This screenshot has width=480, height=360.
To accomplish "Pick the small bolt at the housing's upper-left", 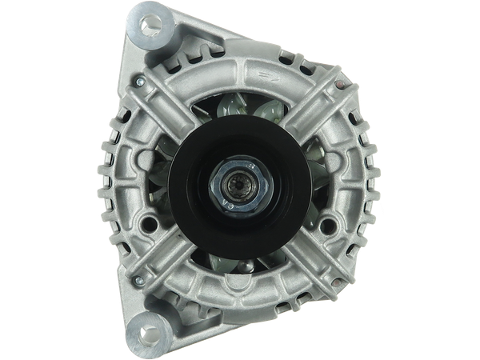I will coord(140,80).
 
